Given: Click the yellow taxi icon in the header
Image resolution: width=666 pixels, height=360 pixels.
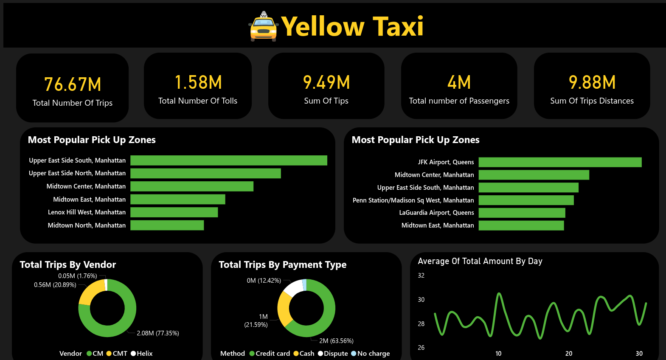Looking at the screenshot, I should (263, 27).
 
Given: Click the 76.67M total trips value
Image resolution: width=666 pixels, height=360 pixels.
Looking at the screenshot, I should (73, 84).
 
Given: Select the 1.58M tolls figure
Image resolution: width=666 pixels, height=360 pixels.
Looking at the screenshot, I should (198, 82).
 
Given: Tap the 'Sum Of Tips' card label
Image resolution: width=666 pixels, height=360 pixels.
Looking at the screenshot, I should (326, 101).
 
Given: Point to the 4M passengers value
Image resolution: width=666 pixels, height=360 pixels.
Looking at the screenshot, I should (459, 82).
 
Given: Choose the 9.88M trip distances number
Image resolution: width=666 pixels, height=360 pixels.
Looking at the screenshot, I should (592, 82).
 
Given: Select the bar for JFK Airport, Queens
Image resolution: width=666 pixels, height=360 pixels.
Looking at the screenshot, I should (560, 162).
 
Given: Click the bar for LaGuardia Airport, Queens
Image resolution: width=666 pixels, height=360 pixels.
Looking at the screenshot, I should (522, 213).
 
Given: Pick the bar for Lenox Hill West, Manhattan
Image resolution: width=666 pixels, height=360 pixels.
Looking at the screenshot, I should (174, 212).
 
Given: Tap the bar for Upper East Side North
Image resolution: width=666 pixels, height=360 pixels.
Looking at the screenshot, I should (205, 173).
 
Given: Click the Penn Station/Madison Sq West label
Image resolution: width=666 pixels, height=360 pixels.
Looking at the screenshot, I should (413, 200).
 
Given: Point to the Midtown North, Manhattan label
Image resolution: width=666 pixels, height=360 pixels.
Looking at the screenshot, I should (87, 225).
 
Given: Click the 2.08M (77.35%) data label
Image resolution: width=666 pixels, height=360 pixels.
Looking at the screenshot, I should (157, 333).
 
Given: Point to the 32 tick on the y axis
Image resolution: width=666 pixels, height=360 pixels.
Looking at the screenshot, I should (421, 276).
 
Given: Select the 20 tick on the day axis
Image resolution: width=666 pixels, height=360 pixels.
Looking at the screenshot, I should (569, 354).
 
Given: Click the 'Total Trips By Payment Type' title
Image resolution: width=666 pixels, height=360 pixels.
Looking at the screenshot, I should (282, 265).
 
